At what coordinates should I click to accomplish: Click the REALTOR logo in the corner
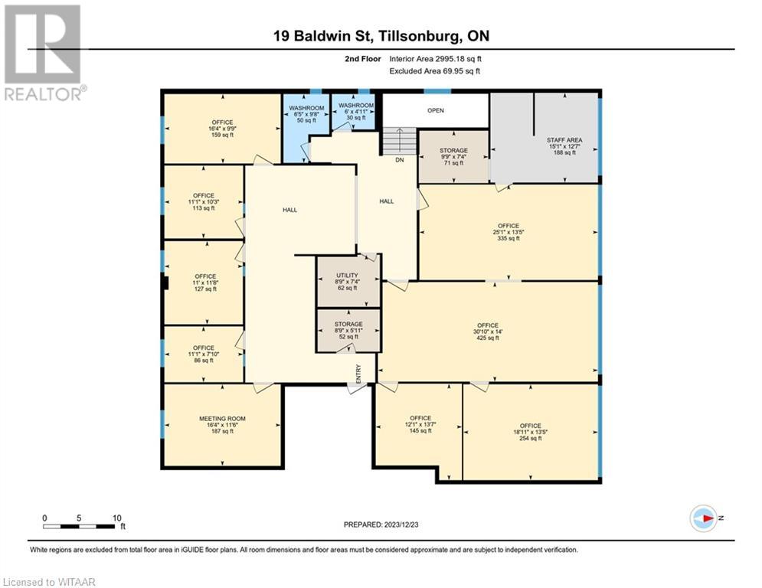pyautogui.click(x=44, y=52)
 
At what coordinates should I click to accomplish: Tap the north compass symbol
pyautogui.click(x=703, y=518)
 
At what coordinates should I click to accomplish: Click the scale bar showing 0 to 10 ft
pyautogui.click(x=80, y=526)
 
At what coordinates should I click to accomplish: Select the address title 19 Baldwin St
pyautogui.click(x=381, y=35)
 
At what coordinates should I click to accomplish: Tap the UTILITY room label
pyautogui.click(x=348, y=281)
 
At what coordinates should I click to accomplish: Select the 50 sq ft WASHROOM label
pyautogui.click(x=306, y=113)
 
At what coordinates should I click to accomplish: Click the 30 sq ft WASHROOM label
pyautogui.click(x=356, y=111)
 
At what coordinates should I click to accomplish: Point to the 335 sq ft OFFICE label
pyautogui.click(x=509, y=231)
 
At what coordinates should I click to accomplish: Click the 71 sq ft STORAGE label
pyautogui.click(x=453, y=156)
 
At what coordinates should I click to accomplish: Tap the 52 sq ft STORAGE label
pyautogui.click(x=348, y=330)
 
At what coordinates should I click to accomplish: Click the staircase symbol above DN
pyautogui.click(x=399, y=142)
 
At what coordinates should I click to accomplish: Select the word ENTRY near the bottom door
pyautogui.click(x=358, y=372)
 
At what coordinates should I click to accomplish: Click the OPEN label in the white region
pyautogui.click(x=435, y=110)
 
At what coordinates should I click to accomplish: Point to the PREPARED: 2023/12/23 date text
pyautogui.click(x=381, y=524)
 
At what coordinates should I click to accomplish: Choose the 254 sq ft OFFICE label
pyautogui.click(x=530, y=431)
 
